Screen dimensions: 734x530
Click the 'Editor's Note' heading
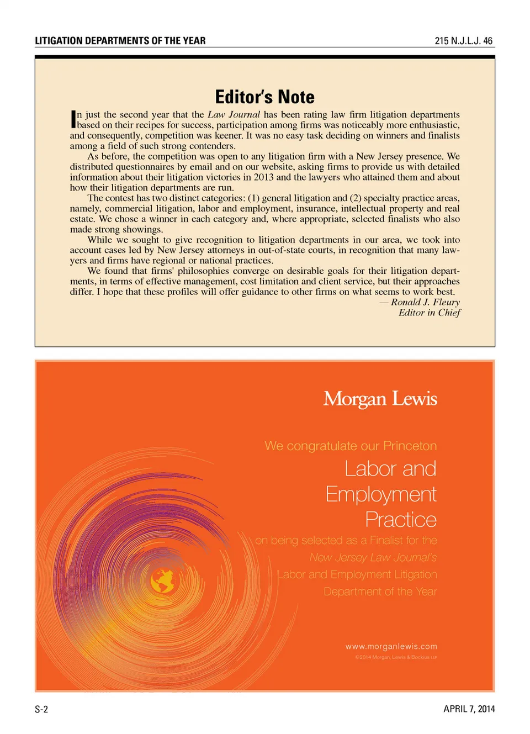[264, 97]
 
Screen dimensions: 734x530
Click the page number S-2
[41, 709]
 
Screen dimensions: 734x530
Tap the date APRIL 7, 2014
[469, 709]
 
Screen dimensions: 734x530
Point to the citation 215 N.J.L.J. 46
[463, 41]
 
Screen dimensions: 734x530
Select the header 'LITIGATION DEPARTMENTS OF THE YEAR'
[120, 41]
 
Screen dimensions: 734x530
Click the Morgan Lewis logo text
[380, 399]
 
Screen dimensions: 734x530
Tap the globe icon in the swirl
[163, 580]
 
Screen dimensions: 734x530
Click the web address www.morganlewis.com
[391, 646]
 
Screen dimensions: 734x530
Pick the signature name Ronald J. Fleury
[425, 302]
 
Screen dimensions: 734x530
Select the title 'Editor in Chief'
[430, 313]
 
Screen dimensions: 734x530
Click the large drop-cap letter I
[73, 119]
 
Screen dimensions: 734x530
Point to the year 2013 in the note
[264, 177]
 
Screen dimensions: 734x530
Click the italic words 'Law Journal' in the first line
[234, 115]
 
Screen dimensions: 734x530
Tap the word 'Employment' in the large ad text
[381, 494]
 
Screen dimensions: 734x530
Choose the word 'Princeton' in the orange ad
[410, 446]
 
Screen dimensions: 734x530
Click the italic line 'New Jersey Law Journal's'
[373, 557]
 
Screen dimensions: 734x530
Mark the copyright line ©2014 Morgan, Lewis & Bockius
[396, 657]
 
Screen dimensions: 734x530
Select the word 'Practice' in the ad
[401, 520]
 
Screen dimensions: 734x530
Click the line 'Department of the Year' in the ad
[380, 592]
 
